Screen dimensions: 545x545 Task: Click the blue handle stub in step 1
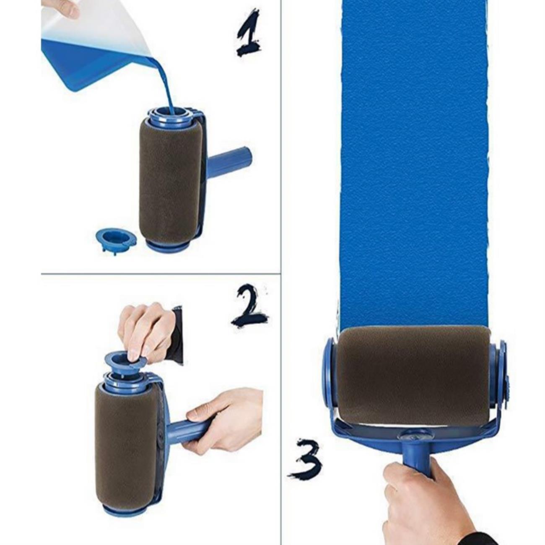tap(229, 163)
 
